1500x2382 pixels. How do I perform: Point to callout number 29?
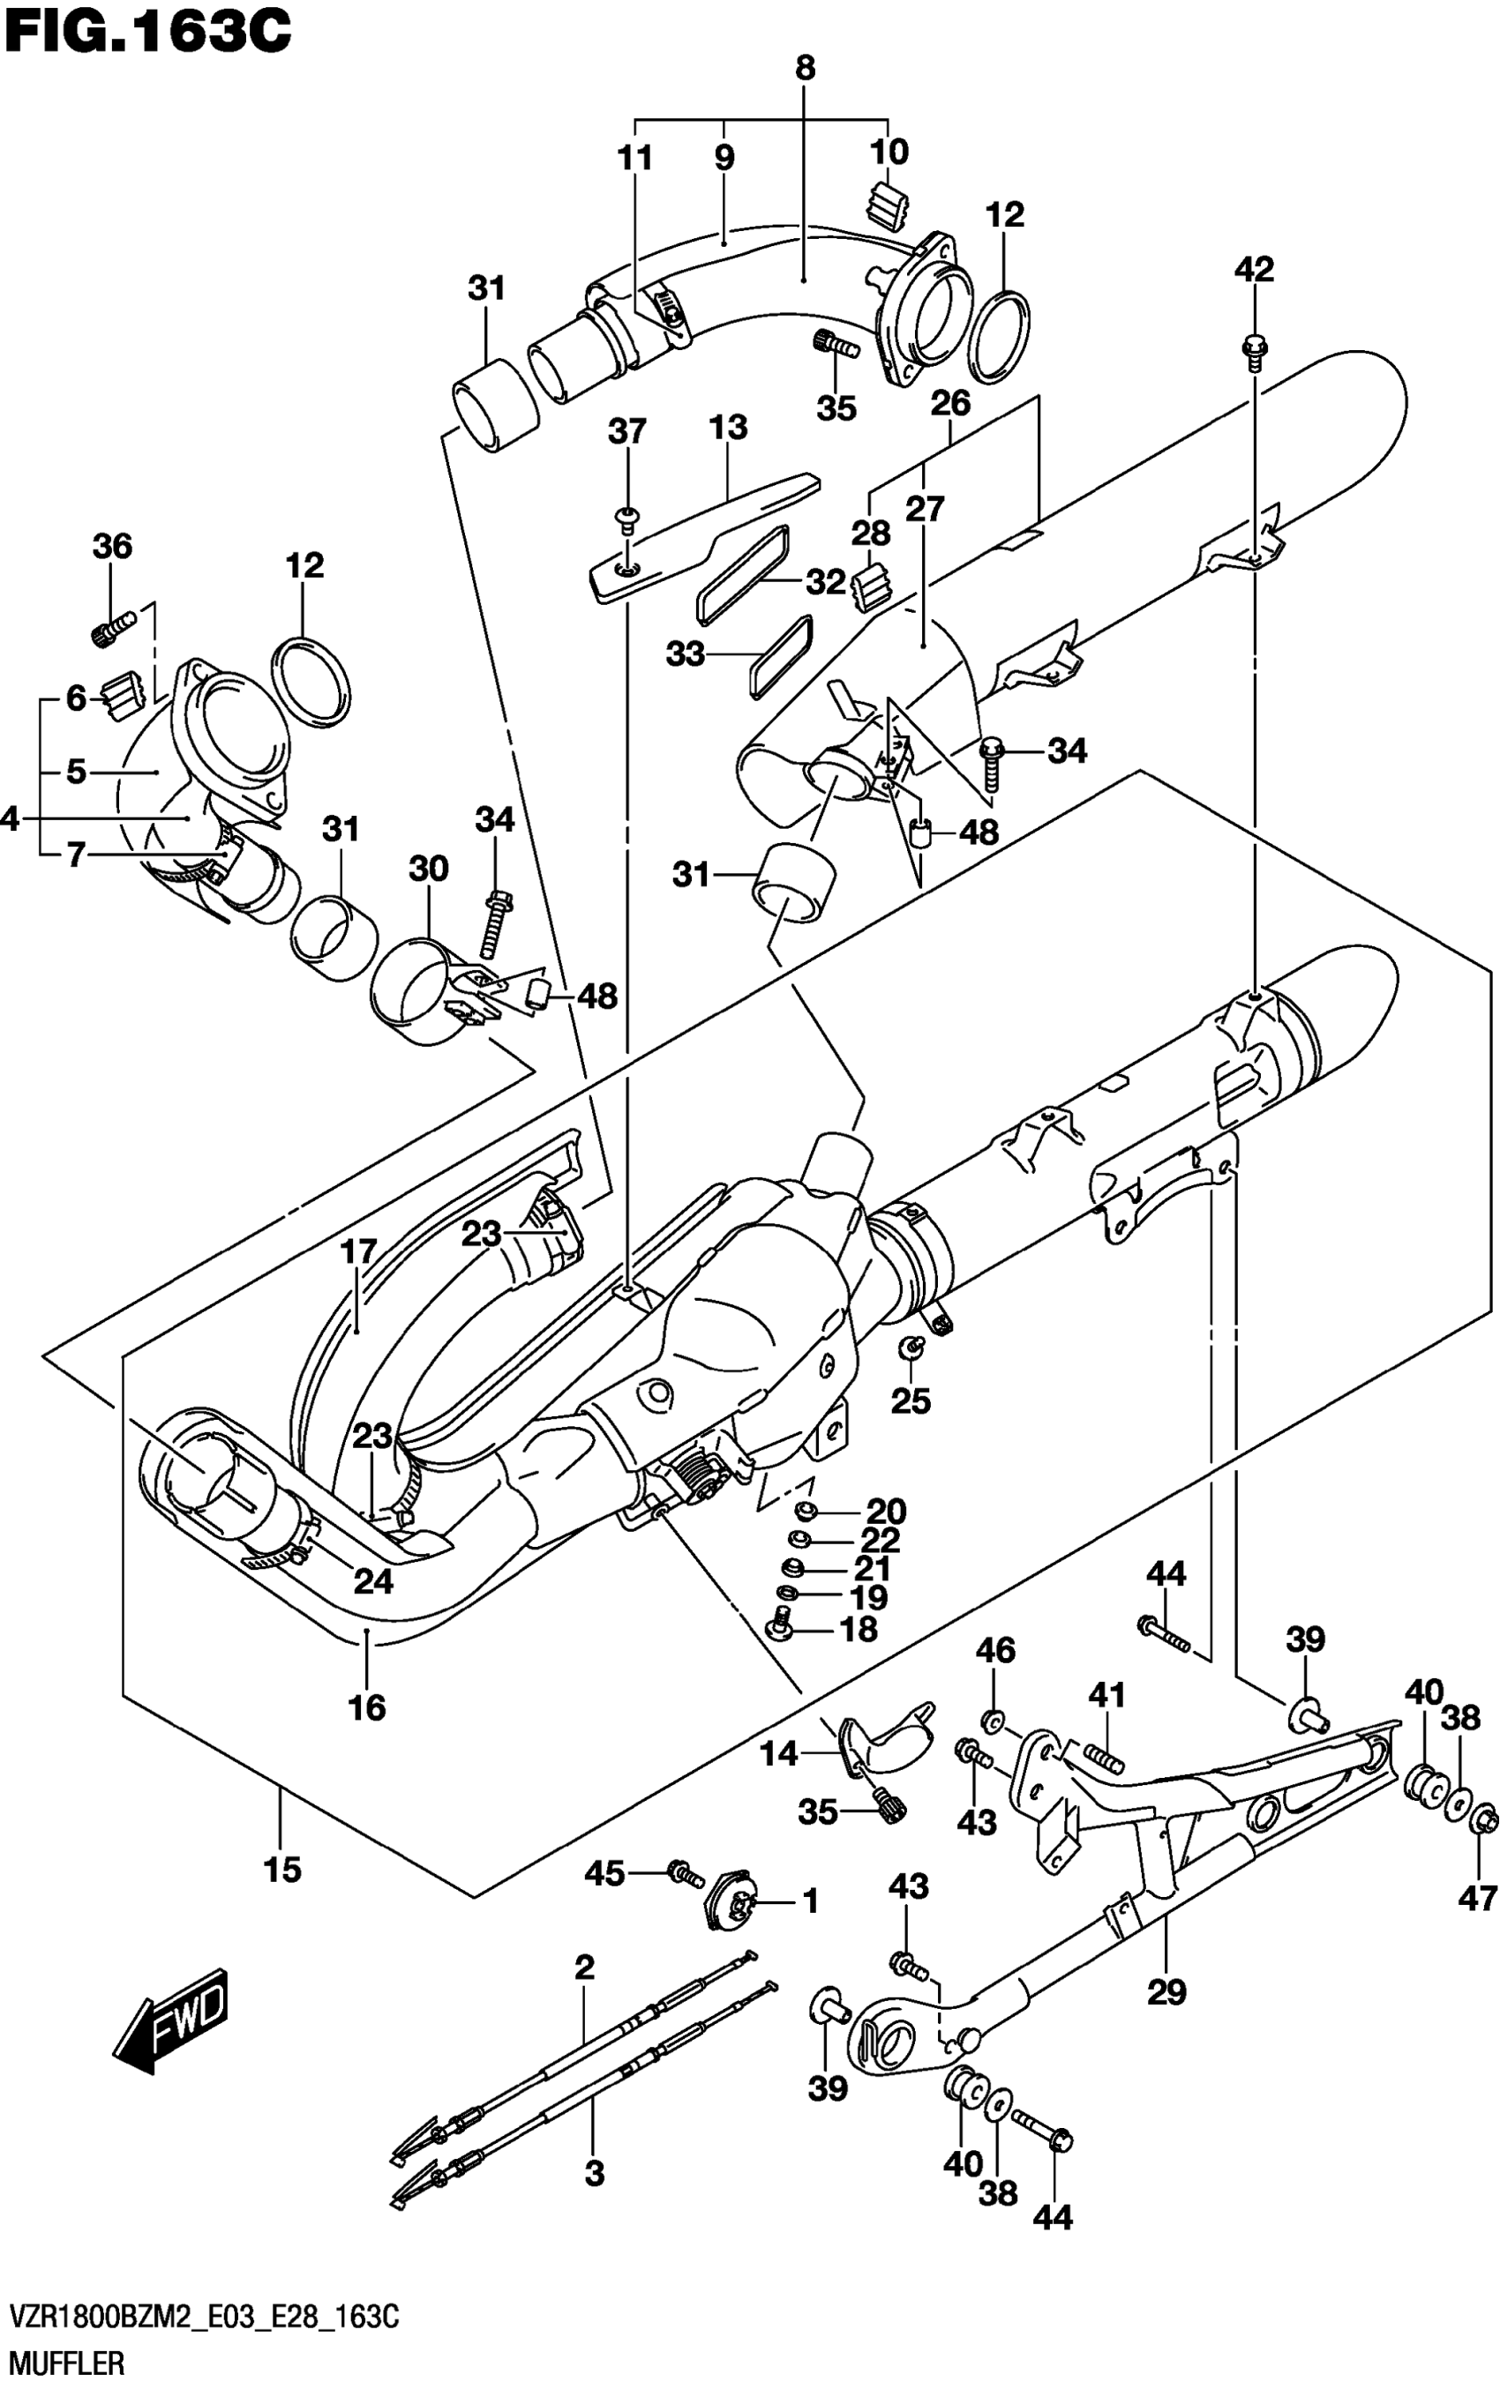pyautogui.click(x=1166, y=1990)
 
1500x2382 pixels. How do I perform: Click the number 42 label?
pyautogui.click(x=1254, y=269)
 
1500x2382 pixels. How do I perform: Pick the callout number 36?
pyautogui.click(x=112, y=545)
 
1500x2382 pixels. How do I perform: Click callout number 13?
pyautogui.click(x=727, y=429)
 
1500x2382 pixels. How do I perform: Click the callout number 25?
pyautogui.click(x=911, y=1400)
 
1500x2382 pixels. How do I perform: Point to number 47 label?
pyautogui.click(x=1477, y=1897)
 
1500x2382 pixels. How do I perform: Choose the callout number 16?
pyautogui.click(x=367, y=1706)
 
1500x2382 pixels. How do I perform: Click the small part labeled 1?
pyautogui.click(x=732, y=1897)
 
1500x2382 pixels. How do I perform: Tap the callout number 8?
pyautogui.click(x=805, y=68)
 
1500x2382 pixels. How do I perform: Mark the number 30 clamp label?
pyautogui.click(x=429, y=869)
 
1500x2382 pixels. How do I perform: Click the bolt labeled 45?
pyautogui.click(x=681, y=1871)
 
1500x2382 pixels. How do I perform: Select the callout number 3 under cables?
pyautogui.click(x=594, y=2173)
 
